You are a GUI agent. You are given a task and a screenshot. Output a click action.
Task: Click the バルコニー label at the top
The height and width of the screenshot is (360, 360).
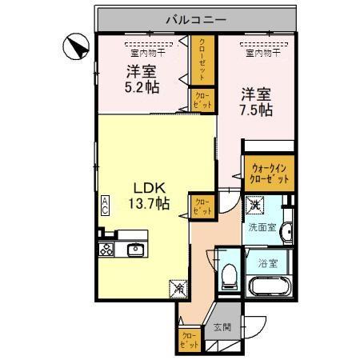197,17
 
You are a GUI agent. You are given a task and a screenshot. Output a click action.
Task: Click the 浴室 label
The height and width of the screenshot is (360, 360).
268,262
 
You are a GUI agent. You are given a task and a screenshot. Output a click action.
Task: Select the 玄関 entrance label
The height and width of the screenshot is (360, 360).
221,326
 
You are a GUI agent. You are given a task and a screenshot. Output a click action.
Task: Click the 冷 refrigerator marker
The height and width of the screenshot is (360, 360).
177,284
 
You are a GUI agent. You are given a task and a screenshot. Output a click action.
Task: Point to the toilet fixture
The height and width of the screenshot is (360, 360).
229,274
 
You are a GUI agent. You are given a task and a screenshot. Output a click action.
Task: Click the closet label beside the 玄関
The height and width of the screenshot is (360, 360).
189,340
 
